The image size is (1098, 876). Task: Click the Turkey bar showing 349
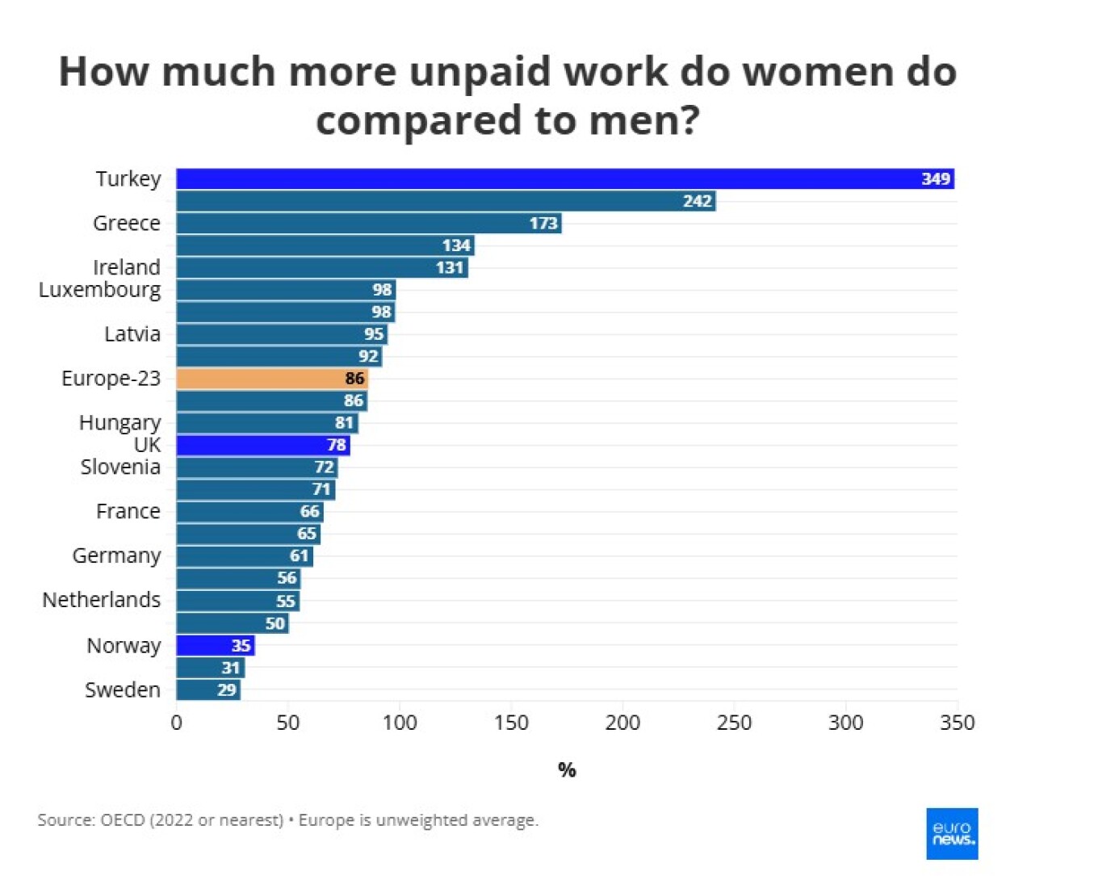pyautogui.click(x=565, y=178)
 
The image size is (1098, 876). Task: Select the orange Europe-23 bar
pyautogui.click(x=271, y=379)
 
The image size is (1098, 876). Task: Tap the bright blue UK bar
pyautogui.click(x=262, y=445)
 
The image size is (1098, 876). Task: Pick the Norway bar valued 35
pyautogui.click(x=215, y=645)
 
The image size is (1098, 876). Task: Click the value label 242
pyautogui.click(x=697, y=201)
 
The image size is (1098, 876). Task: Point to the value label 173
pyautogui.click(x=543, y=223)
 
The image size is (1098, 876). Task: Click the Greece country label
pyautogui.click(x=127, y=223)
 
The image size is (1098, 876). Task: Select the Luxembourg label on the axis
pyautogui.click(x=100, y=290)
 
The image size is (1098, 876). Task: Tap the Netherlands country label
pyautogui.click(x=102, y=600)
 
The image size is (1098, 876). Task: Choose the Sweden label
pyautogui.click(x=123, y=690)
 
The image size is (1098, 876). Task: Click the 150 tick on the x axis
pyautogui.click(x=511, y=723)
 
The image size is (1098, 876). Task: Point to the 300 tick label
pyautogui.click(x=845, y=723)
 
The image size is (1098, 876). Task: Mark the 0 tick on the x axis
pyautogui.click(x=176, y=723)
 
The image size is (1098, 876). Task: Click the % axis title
pyautogui.click(x=567, y=770)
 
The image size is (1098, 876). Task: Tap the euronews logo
pyautogui.click(x=952, y=833)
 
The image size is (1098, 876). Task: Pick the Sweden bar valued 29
pyautogui.click(x=207, y=690)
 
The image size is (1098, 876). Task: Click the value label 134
pyautogui.click(x=456, y=245)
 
